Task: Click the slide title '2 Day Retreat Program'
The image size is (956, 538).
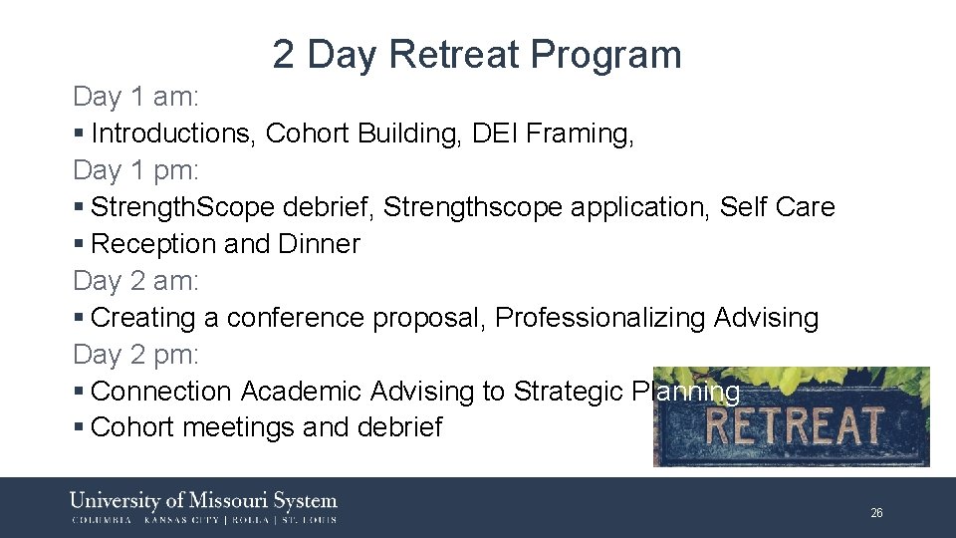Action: [477, 55]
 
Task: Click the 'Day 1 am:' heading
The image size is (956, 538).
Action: [136, 98]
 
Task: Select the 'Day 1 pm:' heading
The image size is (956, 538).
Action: [136, 171]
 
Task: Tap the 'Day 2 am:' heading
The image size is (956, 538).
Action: [136, 282]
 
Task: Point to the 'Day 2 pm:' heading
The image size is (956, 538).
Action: [136, 356]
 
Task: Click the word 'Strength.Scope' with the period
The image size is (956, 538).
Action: [182, 208]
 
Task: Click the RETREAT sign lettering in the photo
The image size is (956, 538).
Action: [794, 425]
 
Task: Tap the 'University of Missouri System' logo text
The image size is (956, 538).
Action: [203, 500]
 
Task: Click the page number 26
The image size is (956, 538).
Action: [876, 513]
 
